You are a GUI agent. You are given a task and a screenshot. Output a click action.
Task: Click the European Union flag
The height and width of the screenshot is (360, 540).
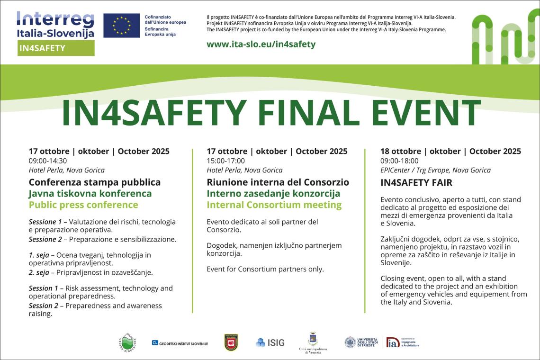click(121, 26)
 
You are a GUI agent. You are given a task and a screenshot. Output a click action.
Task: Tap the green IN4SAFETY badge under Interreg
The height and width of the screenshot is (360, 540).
click(56, 48)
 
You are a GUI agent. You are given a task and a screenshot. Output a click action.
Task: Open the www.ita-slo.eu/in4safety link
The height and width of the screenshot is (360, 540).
click(261, 44)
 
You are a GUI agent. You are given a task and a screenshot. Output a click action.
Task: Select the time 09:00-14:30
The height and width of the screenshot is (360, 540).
click(48, 161)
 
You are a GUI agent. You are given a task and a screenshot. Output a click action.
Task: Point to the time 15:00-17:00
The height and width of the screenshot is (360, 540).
click(225, 161)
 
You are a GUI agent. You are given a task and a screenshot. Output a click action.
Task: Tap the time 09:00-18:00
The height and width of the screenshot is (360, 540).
click(399, 161)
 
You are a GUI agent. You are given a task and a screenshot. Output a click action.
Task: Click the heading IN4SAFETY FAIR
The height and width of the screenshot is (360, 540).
click(416, 182)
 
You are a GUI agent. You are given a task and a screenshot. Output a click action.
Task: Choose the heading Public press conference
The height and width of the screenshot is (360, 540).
click(83, 205)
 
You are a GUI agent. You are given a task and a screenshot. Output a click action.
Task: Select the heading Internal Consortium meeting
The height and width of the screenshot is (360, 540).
click(274, 205)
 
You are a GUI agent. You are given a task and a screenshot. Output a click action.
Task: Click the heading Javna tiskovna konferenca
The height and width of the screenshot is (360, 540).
click(90, 193)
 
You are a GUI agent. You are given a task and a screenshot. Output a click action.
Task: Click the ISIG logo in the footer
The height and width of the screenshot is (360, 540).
click(270, 342)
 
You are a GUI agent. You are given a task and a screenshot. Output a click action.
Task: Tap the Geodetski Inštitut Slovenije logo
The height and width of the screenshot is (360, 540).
click(180, 342)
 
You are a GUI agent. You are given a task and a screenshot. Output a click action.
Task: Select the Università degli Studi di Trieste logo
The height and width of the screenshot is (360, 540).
click(361, 342)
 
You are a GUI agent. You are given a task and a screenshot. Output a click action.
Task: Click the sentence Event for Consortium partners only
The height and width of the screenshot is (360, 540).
click(265, 269)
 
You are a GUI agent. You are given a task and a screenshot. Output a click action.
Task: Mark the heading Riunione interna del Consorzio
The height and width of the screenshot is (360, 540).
click(278, 182)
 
